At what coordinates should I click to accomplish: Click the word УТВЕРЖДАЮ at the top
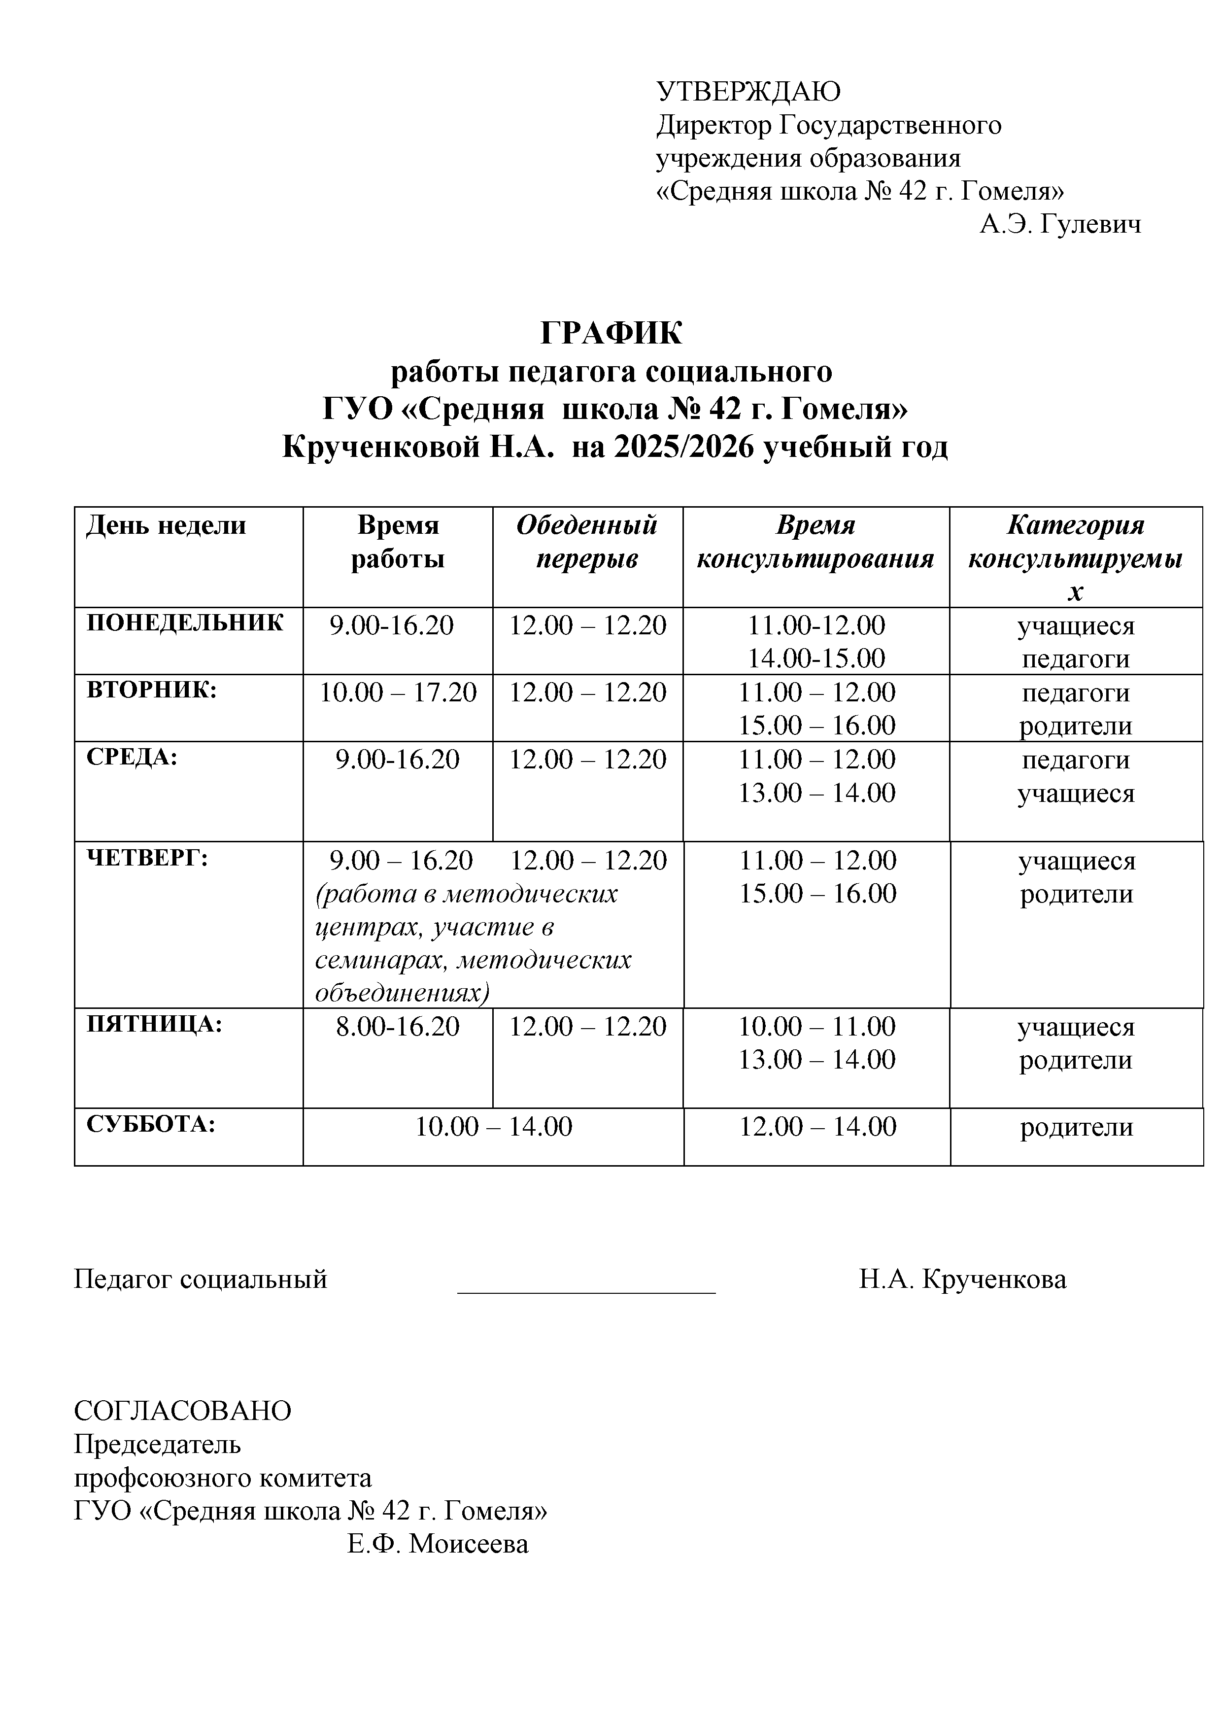tap(748, 92)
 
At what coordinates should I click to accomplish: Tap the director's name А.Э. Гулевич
tap(1059, 224)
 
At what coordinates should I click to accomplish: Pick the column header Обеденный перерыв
tap(586, 542)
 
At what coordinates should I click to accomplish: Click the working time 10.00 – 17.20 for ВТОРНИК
tap(398, 692)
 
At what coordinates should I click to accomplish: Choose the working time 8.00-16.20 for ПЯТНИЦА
tap(398, 1026)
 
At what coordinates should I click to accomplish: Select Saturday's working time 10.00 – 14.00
tap(494, 1127)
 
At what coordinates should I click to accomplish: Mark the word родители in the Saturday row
tap(1076, 1127)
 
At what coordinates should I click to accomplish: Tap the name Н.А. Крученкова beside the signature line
tap(962, 1279)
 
